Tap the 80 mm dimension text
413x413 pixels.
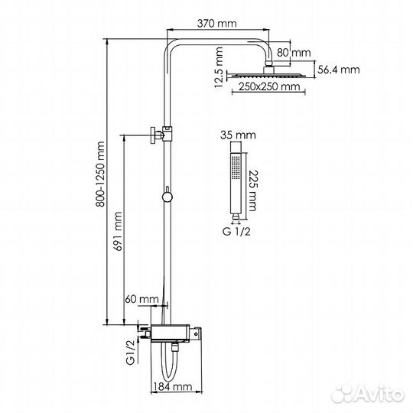300,53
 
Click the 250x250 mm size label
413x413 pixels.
268,88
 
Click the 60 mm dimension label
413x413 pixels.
142,298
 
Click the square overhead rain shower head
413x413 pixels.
268,74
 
